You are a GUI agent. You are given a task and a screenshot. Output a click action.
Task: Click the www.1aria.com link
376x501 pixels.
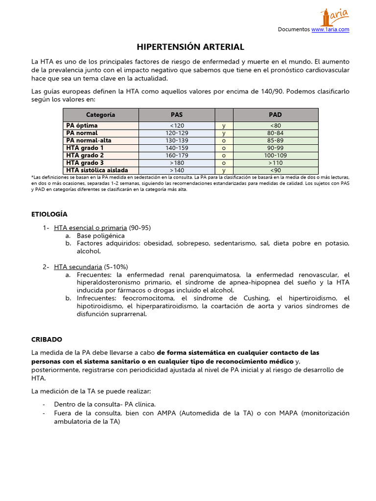pos(330,29)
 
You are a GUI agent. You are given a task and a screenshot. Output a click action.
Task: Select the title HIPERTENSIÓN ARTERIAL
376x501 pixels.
pos(190,47)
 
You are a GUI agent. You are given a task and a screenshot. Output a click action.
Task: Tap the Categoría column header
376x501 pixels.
pos(100,115)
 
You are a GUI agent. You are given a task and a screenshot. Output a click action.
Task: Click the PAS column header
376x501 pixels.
pos(177,115)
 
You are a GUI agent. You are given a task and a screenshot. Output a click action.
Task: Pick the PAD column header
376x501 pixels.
pos(275,115)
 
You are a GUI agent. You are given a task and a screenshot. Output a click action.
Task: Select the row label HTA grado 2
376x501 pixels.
pos(85,156)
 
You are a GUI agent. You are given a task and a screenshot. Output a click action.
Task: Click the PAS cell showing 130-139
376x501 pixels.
pos(177,140)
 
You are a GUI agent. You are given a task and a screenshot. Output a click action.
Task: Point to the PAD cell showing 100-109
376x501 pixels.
pos(275,156)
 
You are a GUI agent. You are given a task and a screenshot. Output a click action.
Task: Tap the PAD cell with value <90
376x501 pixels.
pos(275,170)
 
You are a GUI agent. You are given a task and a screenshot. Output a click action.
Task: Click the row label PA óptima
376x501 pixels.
pos(82,126)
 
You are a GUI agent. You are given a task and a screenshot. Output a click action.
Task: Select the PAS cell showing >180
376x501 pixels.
pos(177,163)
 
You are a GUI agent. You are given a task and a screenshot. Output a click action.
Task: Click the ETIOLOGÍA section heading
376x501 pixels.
pos(49,214)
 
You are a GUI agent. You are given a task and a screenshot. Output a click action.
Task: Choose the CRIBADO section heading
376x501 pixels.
pos(47,339)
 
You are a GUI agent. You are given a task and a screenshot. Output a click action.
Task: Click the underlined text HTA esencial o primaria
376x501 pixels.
pos(91,228)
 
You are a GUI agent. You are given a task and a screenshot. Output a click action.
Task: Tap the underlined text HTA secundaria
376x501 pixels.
pos(78,267)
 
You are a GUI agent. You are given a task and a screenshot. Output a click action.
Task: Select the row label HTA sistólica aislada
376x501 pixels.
pos(94,170)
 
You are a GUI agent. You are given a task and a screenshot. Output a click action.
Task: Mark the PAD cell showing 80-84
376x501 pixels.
pos(275,133)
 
